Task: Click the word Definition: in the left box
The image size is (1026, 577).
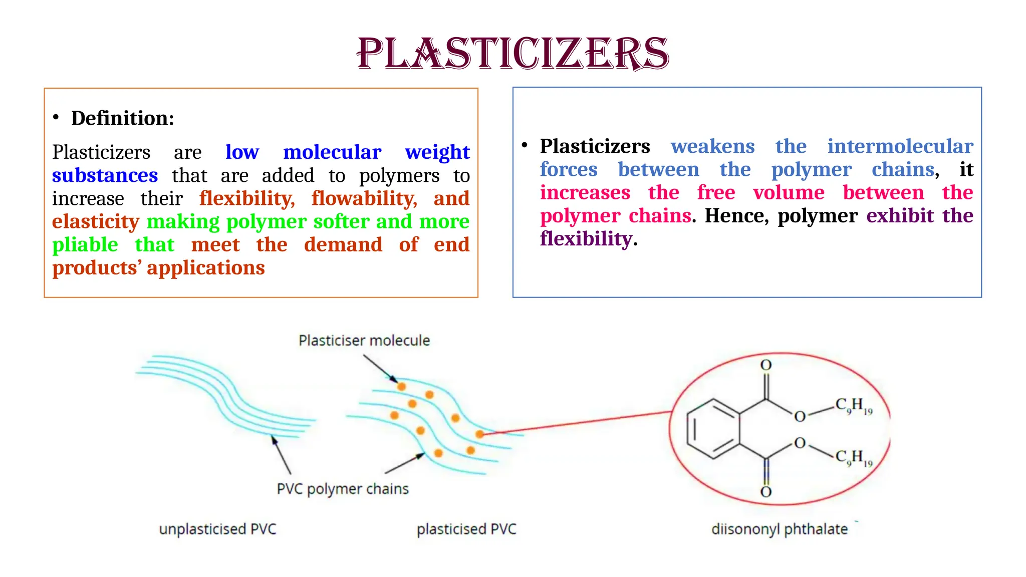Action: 123,118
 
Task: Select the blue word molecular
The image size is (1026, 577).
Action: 332,152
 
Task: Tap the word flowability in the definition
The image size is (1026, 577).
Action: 364,198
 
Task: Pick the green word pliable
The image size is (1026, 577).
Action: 85,244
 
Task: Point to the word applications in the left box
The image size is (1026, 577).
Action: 206,267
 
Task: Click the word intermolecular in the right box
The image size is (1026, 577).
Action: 900,146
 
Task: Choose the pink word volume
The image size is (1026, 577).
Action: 789,192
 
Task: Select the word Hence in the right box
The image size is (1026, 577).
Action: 736,215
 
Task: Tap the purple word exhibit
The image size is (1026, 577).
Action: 900,215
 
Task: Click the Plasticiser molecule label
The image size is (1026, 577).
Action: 364,341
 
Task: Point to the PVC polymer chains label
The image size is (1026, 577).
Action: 343,489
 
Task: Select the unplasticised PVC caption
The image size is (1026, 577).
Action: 217,529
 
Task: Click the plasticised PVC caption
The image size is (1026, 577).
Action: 466,529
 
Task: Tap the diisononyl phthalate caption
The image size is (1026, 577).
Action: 780,529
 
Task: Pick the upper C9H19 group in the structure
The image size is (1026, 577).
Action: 854,406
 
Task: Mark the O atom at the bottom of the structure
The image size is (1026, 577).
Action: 766,492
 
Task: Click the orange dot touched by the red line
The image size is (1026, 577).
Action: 479,434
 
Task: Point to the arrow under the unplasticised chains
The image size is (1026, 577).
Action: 281,455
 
